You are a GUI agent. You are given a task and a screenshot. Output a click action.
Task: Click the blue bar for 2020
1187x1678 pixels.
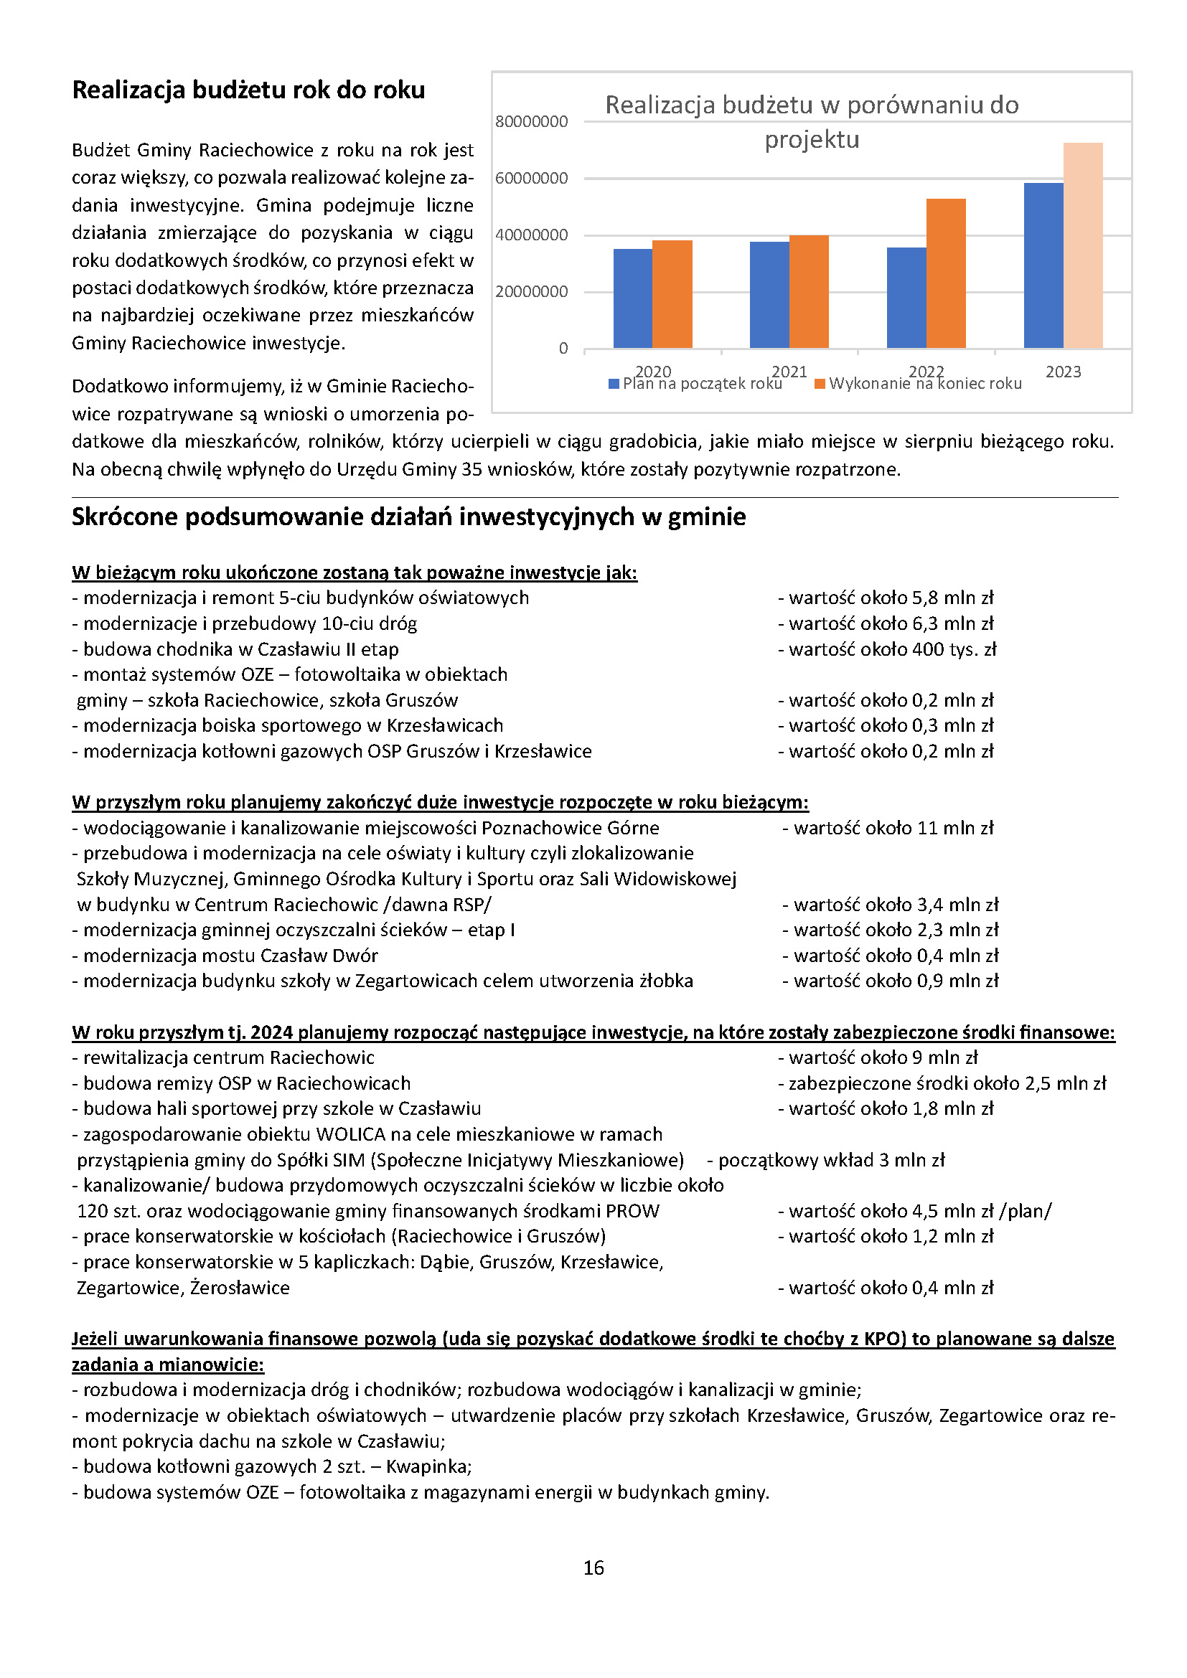632,298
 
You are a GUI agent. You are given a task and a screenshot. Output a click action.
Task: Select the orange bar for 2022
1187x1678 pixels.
945,273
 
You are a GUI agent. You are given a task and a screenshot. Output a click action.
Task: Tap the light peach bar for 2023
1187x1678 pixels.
1082,245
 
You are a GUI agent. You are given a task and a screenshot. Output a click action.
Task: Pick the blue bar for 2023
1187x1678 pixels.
1043,265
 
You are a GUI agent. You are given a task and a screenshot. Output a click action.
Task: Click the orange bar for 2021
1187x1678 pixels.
808,291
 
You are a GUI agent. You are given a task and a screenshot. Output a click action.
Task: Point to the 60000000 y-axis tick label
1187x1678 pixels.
531,179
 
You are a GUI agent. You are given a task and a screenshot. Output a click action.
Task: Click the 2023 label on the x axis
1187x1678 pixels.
1063,372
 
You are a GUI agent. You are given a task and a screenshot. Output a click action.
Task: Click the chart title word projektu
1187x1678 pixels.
812,140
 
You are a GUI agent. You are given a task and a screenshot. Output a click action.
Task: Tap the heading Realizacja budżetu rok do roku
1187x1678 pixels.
248,90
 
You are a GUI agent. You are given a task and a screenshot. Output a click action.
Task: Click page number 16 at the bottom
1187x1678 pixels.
593,1568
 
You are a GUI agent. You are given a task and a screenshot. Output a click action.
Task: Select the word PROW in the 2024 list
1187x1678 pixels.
632,1211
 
